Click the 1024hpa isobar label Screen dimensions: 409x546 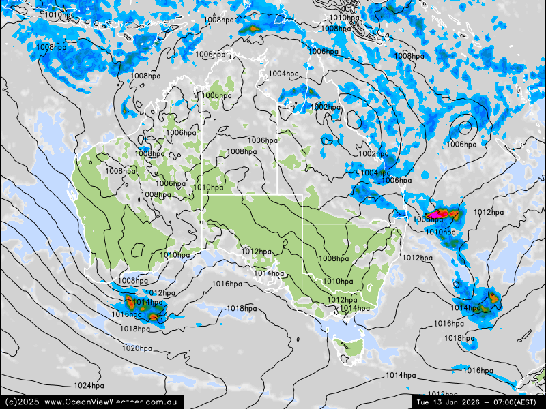pos(89,386)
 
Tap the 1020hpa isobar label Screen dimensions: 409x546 pos(137,348)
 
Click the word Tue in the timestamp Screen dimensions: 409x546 pos(424,402)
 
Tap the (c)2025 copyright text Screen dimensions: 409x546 pos(21,402)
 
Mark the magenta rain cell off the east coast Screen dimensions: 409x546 pos(440,215)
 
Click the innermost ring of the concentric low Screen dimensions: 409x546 pos(465,126)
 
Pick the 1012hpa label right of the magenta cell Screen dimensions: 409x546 pos(488,213)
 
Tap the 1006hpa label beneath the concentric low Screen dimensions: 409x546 pos(461,145)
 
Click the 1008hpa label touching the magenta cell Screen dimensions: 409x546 pos(428,219)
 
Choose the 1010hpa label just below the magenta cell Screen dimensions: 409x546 pos(440,232)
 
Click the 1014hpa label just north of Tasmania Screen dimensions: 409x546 pos(354,309)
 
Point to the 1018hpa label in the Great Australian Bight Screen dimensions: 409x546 pos(242,309)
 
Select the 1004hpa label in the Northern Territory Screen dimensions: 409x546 pos(283,74)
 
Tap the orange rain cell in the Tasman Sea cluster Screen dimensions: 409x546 pos(493,298)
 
